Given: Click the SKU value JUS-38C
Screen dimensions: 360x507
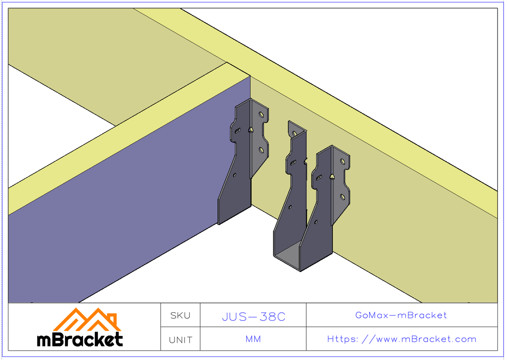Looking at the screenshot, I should [x=253, y=316].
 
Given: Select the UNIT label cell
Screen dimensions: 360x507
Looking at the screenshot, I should [x=180, y=340].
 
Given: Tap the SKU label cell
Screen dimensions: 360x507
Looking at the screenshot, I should [x=180, y=315].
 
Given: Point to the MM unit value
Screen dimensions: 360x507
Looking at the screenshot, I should [x=253, y=339].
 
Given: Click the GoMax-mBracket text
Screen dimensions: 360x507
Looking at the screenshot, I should [x=401, y=315].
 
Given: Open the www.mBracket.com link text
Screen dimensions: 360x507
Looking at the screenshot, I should [x=401, y=339].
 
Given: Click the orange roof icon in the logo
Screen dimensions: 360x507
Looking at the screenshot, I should [x=87, y=320].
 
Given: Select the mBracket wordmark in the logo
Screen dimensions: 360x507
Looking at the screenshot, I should [x=80, y=339].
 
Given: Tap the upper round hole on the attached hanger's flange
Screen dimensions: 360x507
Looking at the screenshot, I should [x=262, y=115].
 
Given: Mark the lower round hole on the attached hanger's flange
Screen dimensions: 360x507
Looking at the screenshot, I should [x=261, y=150].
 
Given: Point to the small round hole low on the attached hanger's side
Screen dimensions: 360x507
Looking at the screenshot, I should [x=235, y=174].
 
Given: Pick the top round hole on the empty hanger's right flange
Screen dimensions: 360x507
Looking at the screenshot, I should [x=343, y=162].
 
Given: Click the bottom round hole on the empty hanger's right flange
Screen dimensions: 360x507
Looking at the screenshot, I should [x=343, y=197].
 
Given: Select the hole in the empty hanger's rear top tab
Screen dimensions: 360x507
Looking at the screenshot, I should [x=294, y=134].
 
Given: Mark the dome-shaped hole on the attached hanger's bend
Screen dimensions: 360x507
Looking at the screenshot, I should [x=251, y=130].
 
